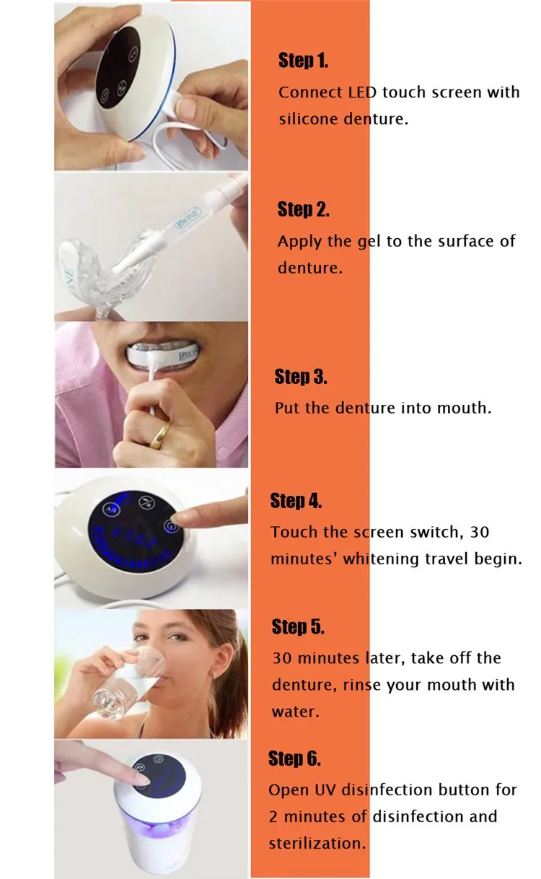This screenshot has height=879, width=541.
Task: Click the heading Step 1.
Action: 303,61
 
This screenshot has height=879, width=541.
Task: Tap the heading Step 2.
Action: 303,209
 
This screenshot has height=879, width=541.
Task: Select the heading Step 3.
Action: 301,376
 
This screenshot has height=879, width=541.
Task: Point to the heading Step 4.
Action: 296,501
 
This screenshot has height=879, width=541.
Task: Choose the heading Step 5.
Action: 298,626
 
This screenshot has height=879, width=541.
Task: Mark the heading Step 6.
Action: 294,758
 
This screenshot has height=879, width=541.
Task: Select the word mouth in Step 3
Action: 464,408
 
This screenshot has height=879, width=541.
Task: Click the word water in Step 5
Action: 296,712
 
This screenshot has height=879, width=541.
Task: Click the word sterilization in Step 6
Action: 317,844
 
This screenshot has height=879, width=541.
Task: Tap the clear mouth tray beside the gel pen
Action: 107,271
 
